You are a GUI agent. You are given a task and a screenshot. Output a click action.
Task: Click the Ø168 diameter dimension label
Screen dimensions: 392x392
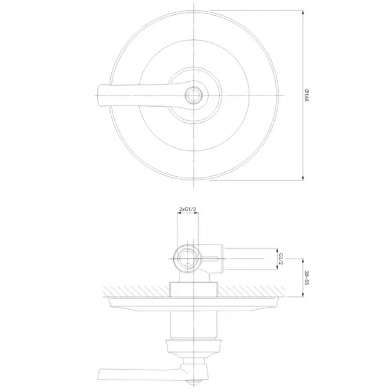(307, 95)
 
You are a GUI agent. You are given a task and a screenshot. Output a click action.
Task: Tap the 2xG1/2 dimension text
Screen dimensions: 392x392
(187, 209)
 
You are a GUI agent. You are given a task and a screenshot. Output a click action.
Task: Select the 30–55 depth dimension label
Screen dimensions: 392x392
(307, 278)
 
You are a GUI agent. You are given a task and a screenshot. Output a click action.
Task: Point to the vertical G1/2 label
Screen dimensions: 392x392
(281, 259)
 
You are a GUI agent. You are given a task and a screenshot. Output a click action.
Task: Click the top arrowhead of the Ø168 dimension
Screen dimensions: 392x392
(303, 12)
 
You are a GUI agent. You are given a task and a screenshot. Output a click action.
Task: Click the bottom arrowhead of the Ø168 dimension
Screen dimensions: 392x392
(303, 177)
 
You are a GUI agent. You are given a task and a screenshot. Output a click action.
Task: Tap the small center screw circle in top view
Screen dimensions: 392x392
(193, 95)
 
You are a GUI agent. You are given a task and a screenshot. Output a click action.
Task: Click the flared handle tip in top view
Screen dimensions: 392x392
(100, 95)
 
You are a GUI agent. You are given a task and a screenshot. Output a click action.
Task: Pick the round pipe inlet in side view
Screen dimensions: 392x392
(187, 259)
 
